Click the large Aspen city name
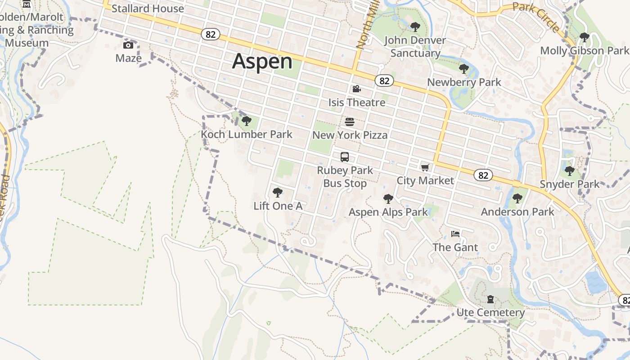click(x=262, y=61)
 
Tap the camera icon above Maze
click(x=128, y=45)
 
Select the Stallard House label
click(x=148, y=9)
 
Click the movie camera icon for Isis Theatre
click(x=356, y=89)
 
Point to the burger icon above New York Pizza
click(x=350, y=122)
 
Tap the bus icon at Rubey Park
click(x=345, y=157)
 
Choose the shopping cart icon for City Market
click(x=425, y=167)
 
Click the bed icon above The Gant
click(x=455, y=234)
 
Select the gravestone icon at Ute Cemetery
click(x=490, y=299)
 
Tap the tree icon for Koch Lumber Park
click(x=246, y=121)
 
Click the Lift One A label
click(x=278, y=206)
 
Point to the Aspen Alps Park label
click(x=388, y=212)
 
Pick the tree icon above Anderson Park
click(x=517, y=198)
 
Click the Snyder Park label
click(x=569, y=184)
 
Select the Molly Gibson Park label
click(x=584, y=50)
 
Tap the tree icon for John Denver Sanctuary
click(x=415, y=27)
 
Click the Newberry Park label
click(x=464, y=82)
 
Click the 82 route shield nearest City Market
click(x=483, y=175)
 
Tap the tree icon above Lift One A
click(x=278, y=193)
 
